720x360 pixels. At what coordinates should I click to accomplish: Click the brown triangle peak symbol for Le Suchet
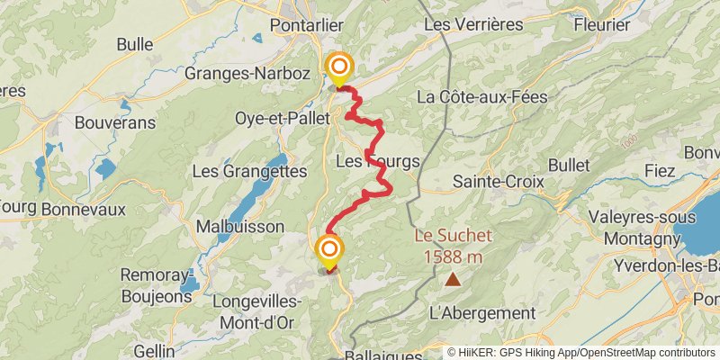[x=453, y=280]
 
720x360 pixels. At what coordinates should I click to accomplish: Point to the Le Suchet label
[x=453, y=237]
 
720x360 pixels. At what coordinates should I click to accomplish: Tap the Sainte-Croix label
[x=498, y=182]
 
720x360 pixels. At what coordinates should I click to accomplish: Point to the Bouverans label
[x=115, y=121]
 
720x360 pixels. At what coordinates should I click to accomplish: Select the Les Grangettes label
[x=250, y=170]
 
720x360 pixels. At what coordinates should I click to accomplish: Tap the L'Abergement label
[x=482, y=313]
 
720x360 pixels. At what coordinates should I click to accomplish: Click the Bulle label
[x=135, y=43]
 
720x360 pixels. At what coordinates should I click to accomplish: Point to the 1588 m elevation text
[x=453, y=256]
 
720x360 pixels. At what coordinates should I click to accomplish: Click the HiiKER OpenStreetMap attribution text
[x=581, y=352]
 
